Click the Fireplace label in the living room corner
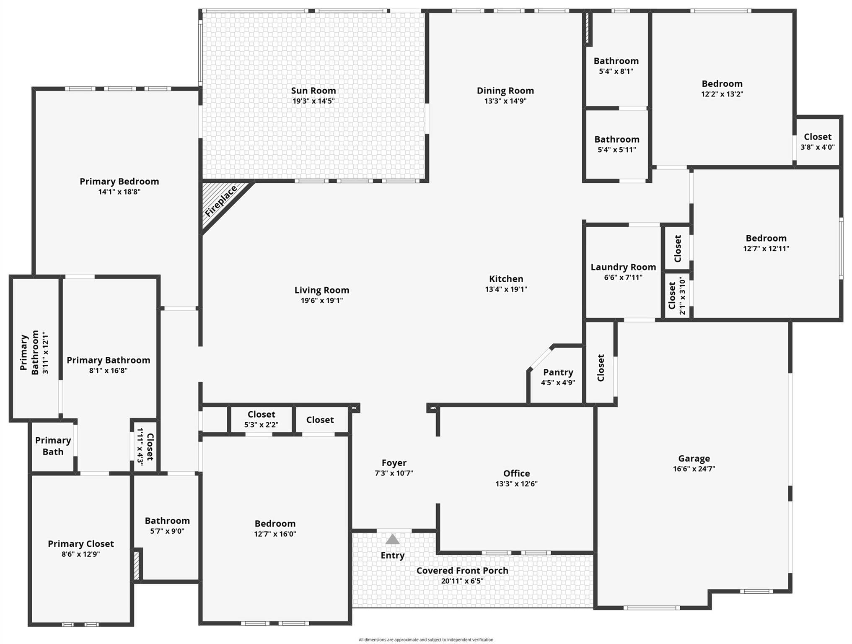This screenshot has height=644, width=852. [x=221, y=201]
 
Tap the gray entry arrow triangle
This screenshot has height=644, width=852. [x=392, y=539]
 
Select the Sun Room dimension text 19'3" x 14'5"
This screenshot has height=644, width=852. [x=313, y=101]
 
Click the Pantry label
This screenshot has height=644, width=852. [x=558, y=372]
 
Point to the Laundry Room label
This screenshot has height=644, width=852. [x=623, y=267]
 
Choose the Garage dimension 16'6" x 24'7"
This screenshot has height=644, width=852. [x=694, y=469]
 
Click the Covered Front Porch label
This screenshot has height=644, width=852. [x=462, y=571]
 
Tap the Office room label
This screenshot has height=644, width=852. [x=516, y=473]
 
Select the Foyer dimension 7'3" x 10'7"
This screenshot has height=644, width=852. [x=394, y=473]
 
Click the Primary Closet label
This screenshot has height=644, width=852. [x=81, y=544]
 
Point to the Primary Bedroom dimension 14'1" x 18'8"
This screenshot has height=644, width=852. [x=119, y=192]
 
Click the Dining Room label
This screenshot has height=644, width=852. [x=505, y=91]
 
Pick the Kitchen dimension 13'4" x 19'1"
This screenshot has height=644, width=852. [x=506, y=289]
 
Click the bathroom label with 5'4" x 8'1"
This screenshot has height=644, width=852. [x=616, y=61]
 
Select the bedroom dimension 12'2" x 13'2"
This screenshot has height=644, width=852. [x=722, y=94]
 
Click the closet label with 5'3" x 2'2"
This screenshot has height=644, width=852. [x=261, y=414]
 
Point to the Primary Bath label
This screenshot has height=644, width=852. [x=53, y=446]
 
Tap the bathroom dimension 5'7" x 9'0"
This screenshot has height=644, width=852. [x=167, y=531]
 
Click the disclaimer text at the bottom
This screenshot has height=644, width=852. [x=426, y=640]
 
